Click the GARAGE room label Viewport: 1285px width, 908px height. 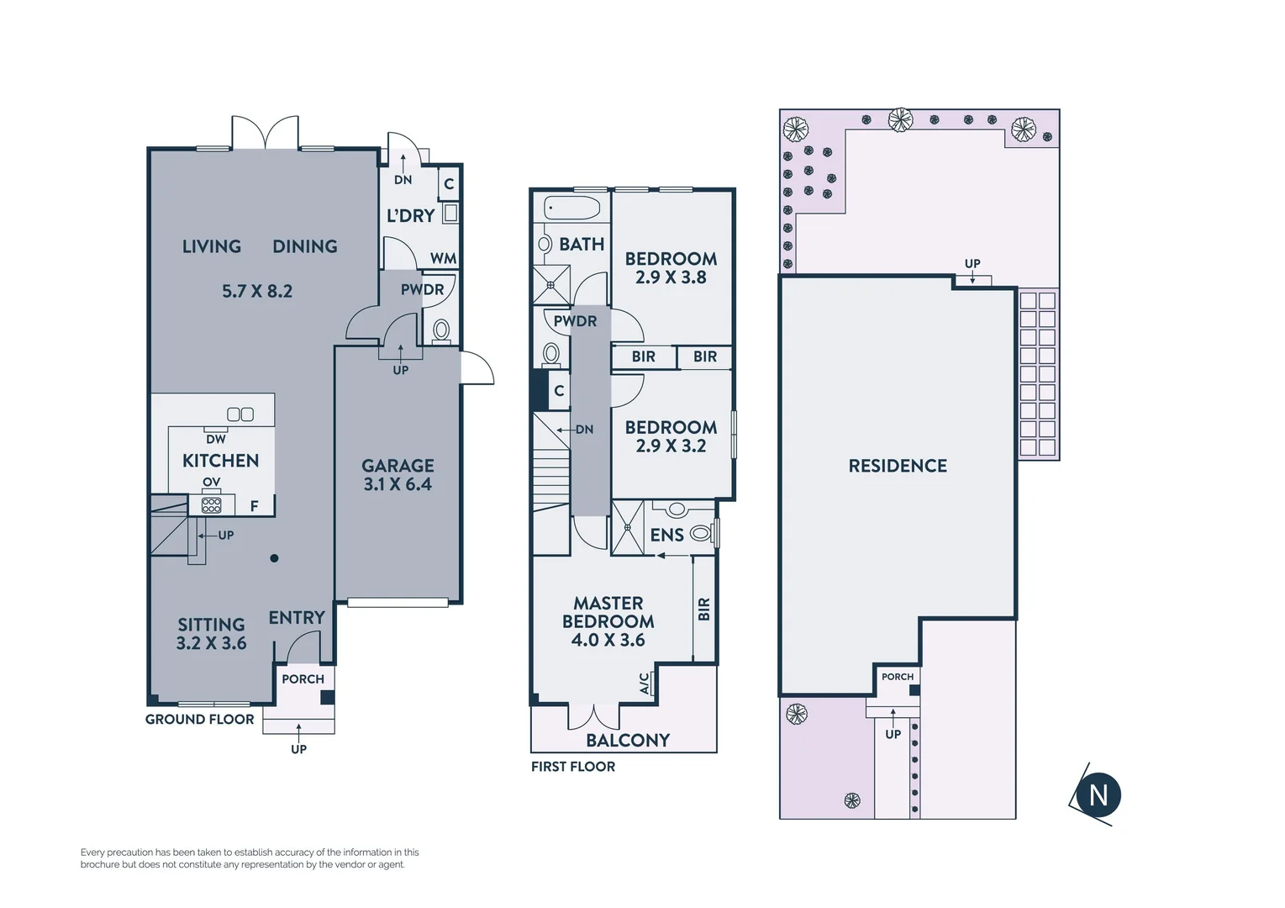pyautogui.click(x=398, y=466)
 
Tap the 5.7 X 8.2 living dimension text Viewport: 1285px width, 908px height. pyautogui.click(x=257, y=292)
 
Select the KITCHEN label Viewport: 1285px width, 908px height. pyautogui.click(x=220, y=461)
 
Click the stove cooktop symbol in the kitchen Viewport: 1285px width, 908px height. pyautogui.click(x=212, y=505)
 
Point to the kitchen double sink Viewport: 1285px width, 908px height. pyautogui.click(x=240, y=414)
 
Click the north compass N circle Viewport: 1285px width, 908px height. pyautogui.click(x=1098, y=795)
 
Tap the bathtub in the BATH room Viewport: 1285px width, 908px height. pyautogui.click(x=572, y=208)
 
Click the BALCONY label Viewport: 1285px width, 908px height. pyautogui.click(x=628, y=741)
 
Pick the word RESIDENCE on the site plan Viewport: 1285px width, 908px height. pyautogui.click(x=898, y=466)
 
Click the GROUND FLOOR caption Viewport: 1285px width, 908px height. pyautogui.click(x=199, y=720)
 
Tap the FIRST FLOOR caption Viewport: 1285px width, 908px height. pyautogui.click(x=573, y=767)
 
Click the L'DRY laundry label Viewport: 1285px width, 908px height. pyautogui.click(x=410, y=216)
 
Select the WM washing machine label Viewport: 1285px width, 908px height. pyautogui.click(x=443, y=259)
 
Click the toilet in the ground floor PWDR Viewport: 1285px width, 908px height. pyautogui.click(x=441, y=330)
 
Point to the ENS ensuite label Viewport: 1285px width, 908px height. pyautogui.click(x=666, y=536)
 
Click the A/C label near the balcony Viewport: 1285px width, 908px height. pyautogui.click(x=645, y=684)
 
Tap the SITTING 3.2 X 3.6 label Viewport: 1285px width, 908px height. pyautogui.click(x=211, y=634)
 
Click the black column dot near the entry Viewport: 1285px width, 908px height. pyautogui.click(x=274, y=558)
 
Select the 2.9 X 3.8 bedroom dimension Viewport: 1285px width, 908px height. pyautogui.click(x=671, y=277)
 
